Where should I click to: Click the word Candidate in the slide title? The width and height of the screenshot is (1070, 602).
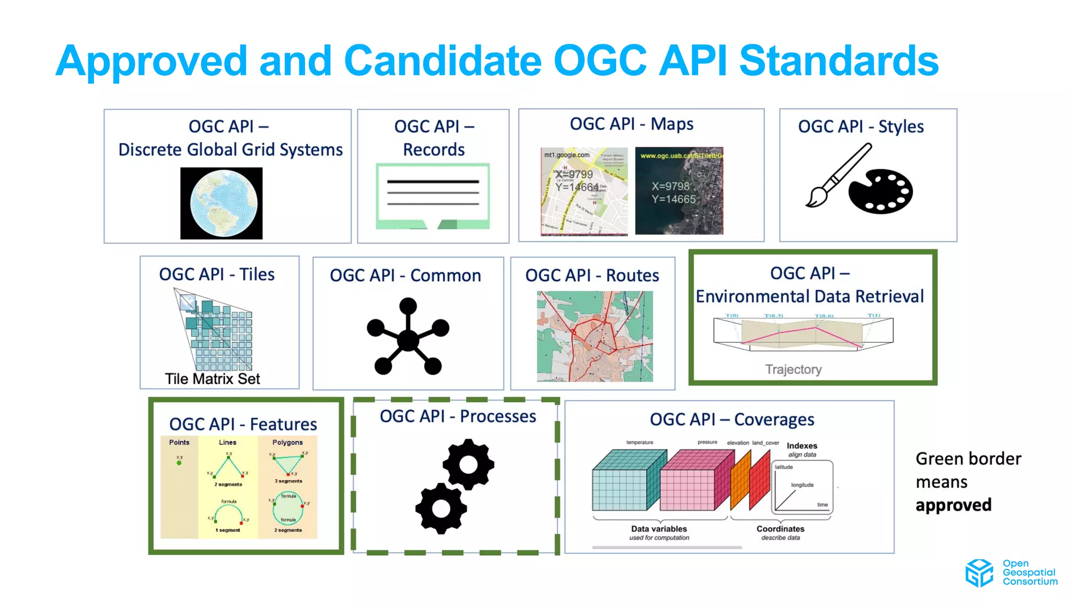coord(443,61)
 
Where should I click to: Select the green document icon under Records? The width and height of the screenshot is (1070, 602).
coord(433,196)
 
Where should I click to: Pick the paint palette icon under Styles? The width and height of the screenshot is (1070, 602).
coord(881,191)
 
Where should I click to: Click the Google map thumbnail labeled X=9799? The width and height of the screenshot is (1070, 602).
coord(584,191)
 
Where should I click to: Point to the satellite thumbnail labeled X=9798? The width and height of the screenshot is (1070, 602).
coord(679,191)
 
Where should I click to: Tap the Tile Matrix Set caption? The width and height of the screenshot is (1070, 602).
coord(212,379)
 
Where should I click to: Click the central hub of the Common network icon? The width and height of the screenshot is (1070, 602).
coord(408,340)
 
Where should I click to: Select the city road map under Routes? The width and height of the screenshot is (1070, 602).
coord(595,337)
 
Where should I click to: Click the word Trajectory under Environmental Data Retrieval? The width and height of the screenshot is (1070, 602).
coord(793,369)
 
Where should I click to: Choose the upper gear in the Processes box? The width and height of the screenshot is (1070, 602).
coord(468,464)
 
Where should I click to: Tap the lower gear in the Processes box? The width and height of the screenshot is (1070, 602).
coord(441,508)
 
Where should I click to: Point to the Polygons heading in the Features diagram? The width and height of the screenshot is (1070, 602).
coord(287,442)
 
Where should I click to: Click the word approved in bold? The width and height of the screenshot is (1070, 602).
coord(953,505)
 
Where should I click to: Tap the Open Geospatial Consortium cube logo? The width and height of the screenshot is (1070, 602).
coord(979,573)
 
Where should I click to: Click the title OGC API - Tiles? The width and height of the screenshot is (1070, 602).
coord(217,274)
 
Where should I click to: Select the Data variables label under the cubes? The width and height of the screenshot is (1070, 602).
coord(659,529)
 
